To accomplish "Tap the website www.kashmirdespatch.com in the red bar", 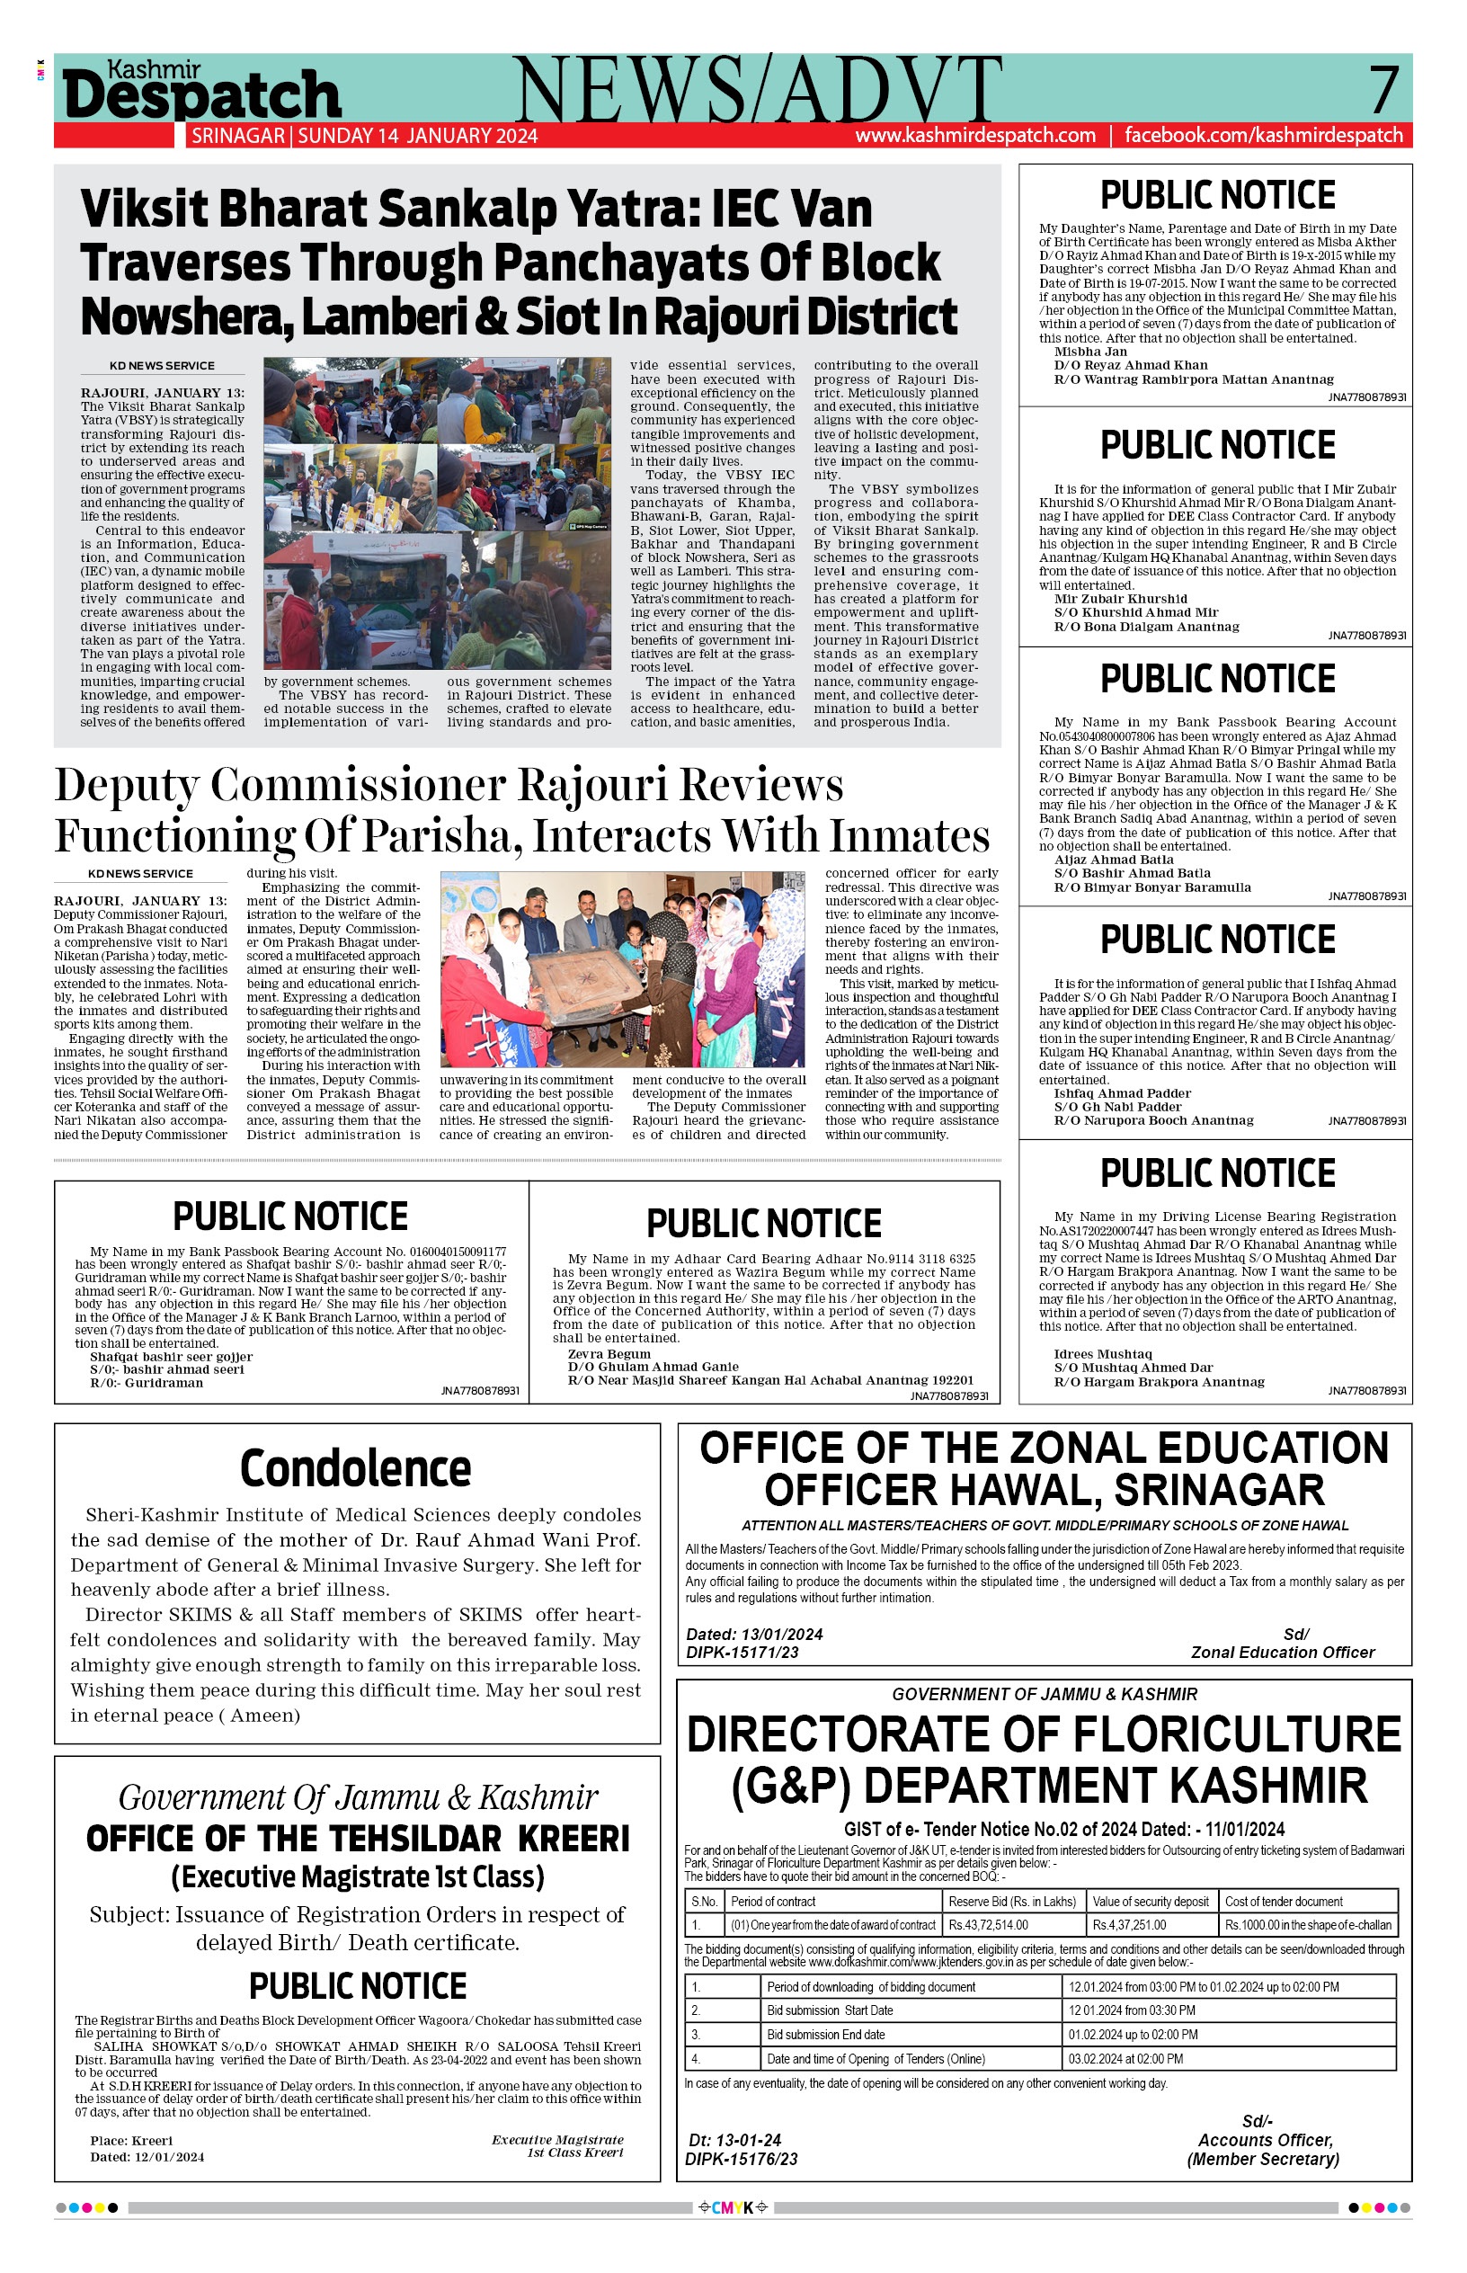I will click(974, 135).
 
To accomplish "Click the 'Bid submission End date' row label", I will click(825, 2034).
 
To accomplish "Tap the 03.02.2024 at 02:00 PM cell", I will click(1125, 2058).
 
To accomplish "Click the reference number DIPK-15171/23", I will click(742, 1652).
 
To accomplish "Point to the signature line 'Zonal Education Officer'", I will click(1282, 1652).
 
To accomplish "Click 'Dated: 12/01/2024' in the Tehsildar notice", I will click(147, 2156).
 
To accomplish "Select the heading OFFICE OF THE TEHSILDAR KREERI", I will click(357, 1838).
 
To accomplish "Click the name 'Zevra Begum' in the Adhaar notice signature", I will click(609, 1353).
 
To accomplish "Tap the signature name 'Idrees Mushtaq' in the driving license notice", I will click(1102, 1353).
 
